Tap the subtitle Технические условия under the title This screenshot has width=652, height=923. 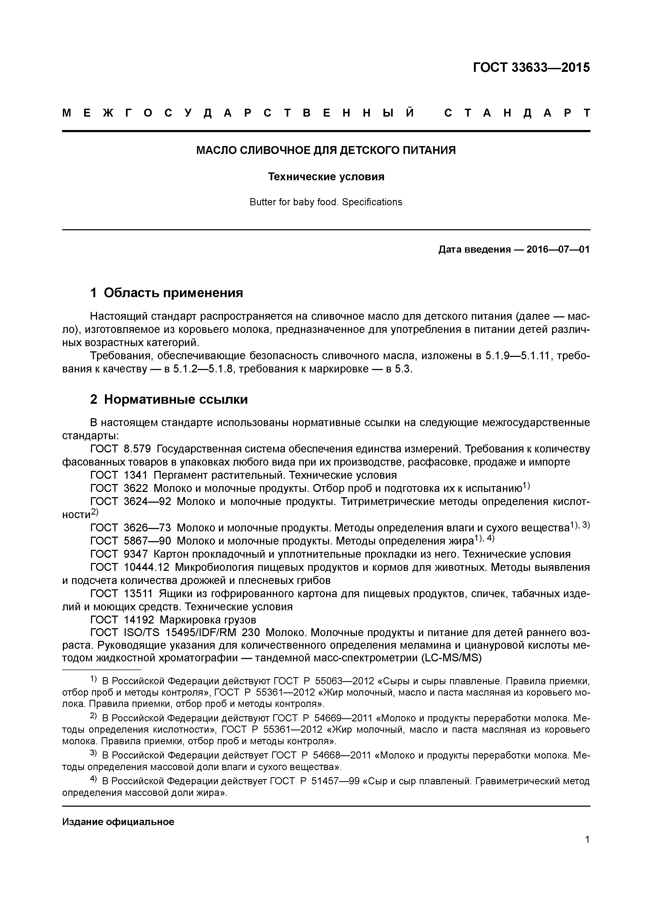click(x=326, y=177)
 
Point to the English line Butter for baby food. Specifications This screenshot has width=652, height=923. click(x=326, y=202)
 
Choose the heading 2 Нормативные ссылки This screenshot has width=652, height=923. click(x=169, y=399)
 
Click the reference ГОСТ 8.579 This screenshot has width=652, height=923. click(x=120, y=449)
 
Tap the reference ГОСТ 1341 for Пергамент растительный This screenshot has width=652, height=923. click(x=119, y=476)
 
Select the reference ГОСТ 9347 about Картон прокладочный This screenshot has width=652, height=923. click(x=119, y=555)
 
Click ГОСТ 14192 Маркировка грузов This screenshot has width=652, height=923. click(x=173, y=620)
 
